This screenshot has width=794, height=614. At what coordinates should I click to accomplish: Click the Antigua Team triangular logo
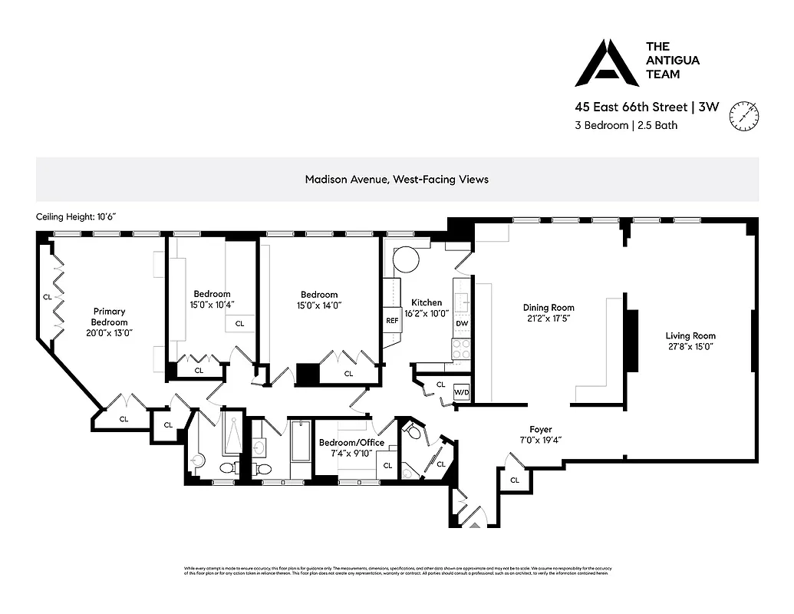click(x=607, y=63)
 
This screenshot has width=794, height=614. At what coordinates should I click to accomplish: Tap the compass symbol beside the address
click(x=745, y=115)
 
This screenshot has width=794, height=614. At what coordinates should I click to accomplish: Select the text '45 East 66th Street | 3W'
click(x=647, y=107)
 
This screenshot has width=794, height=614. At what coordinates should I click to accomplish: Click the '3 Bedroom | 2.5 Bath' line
click(x=627, y=125)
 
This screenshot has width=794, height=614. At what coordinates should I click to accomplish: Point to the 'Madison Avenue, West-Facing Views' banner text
click(x=397, y=179)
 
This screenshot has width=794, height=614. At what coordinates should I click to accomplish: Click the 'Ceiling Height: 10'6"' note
click(x=74, y=217)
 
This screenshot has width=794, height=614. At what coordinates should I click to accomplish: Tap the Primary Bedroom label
click(x=110, y=316)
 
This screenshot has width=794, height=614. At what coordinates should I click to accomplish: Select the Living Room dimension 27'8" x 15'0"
click(x=690, y=346)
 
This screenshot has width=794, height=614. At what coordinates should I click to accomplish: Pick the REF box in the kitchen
click(x=392, y=321)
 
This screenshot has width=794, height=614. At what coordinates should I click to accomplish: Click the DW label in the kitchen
click(x=461, y=324)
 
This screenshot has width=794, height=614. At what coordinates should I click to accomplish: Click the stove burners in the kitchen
click(x=460, y=348)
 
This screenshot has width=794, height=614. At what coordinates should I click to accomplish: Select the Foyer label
click(x=541, y=429)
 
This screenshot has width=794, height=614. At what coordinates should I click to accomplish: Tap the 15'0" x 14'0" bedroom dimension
click(x=319, y=305)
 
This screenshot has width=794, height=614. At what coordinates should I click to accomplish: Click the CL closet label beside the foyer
click(x=514, y=480)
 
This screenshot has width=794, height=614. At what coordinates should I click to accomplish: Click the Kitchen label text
click(x=426, y=302)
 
